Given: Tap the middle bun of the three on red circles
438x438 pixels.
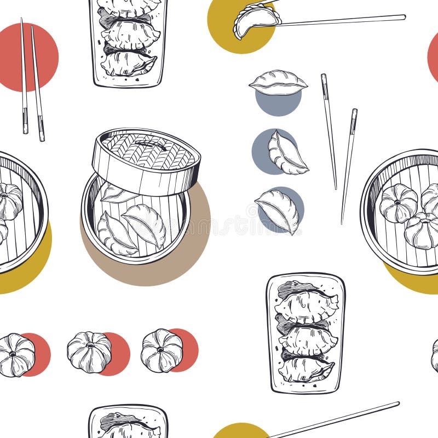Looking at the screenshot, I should pos(89,352).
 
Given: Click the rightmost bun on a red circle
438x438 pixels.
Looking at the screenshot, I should pos(162,350).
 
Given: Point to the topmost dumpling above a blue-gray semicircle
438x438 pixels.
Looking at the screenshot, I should pos(278,83).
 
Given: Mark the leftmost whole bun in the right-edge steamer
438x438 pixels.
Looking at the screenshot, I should pos(398,203).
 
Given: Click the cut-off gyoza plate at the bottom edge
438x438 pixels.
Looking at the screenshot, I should pos(128,422).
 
